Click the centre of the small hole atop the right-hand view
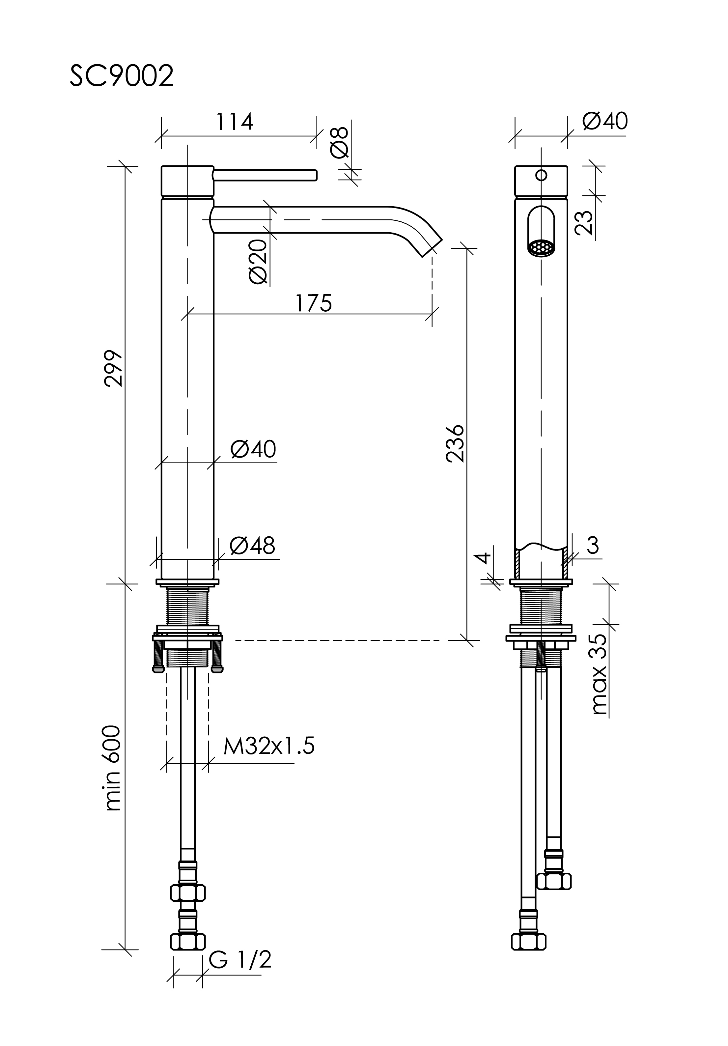coord(541,175)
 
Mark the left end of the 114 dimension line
coord(162,136)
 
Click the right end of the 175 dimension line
coord(432,314)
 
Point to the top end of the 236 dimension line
coord(466,248)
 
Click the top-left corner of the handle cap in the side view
coord(162,166)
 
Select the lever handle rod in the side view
coord(265,175)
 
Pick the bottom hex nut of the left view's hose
coord(188,942)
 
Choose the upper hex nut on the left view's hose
coord(188,892)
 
